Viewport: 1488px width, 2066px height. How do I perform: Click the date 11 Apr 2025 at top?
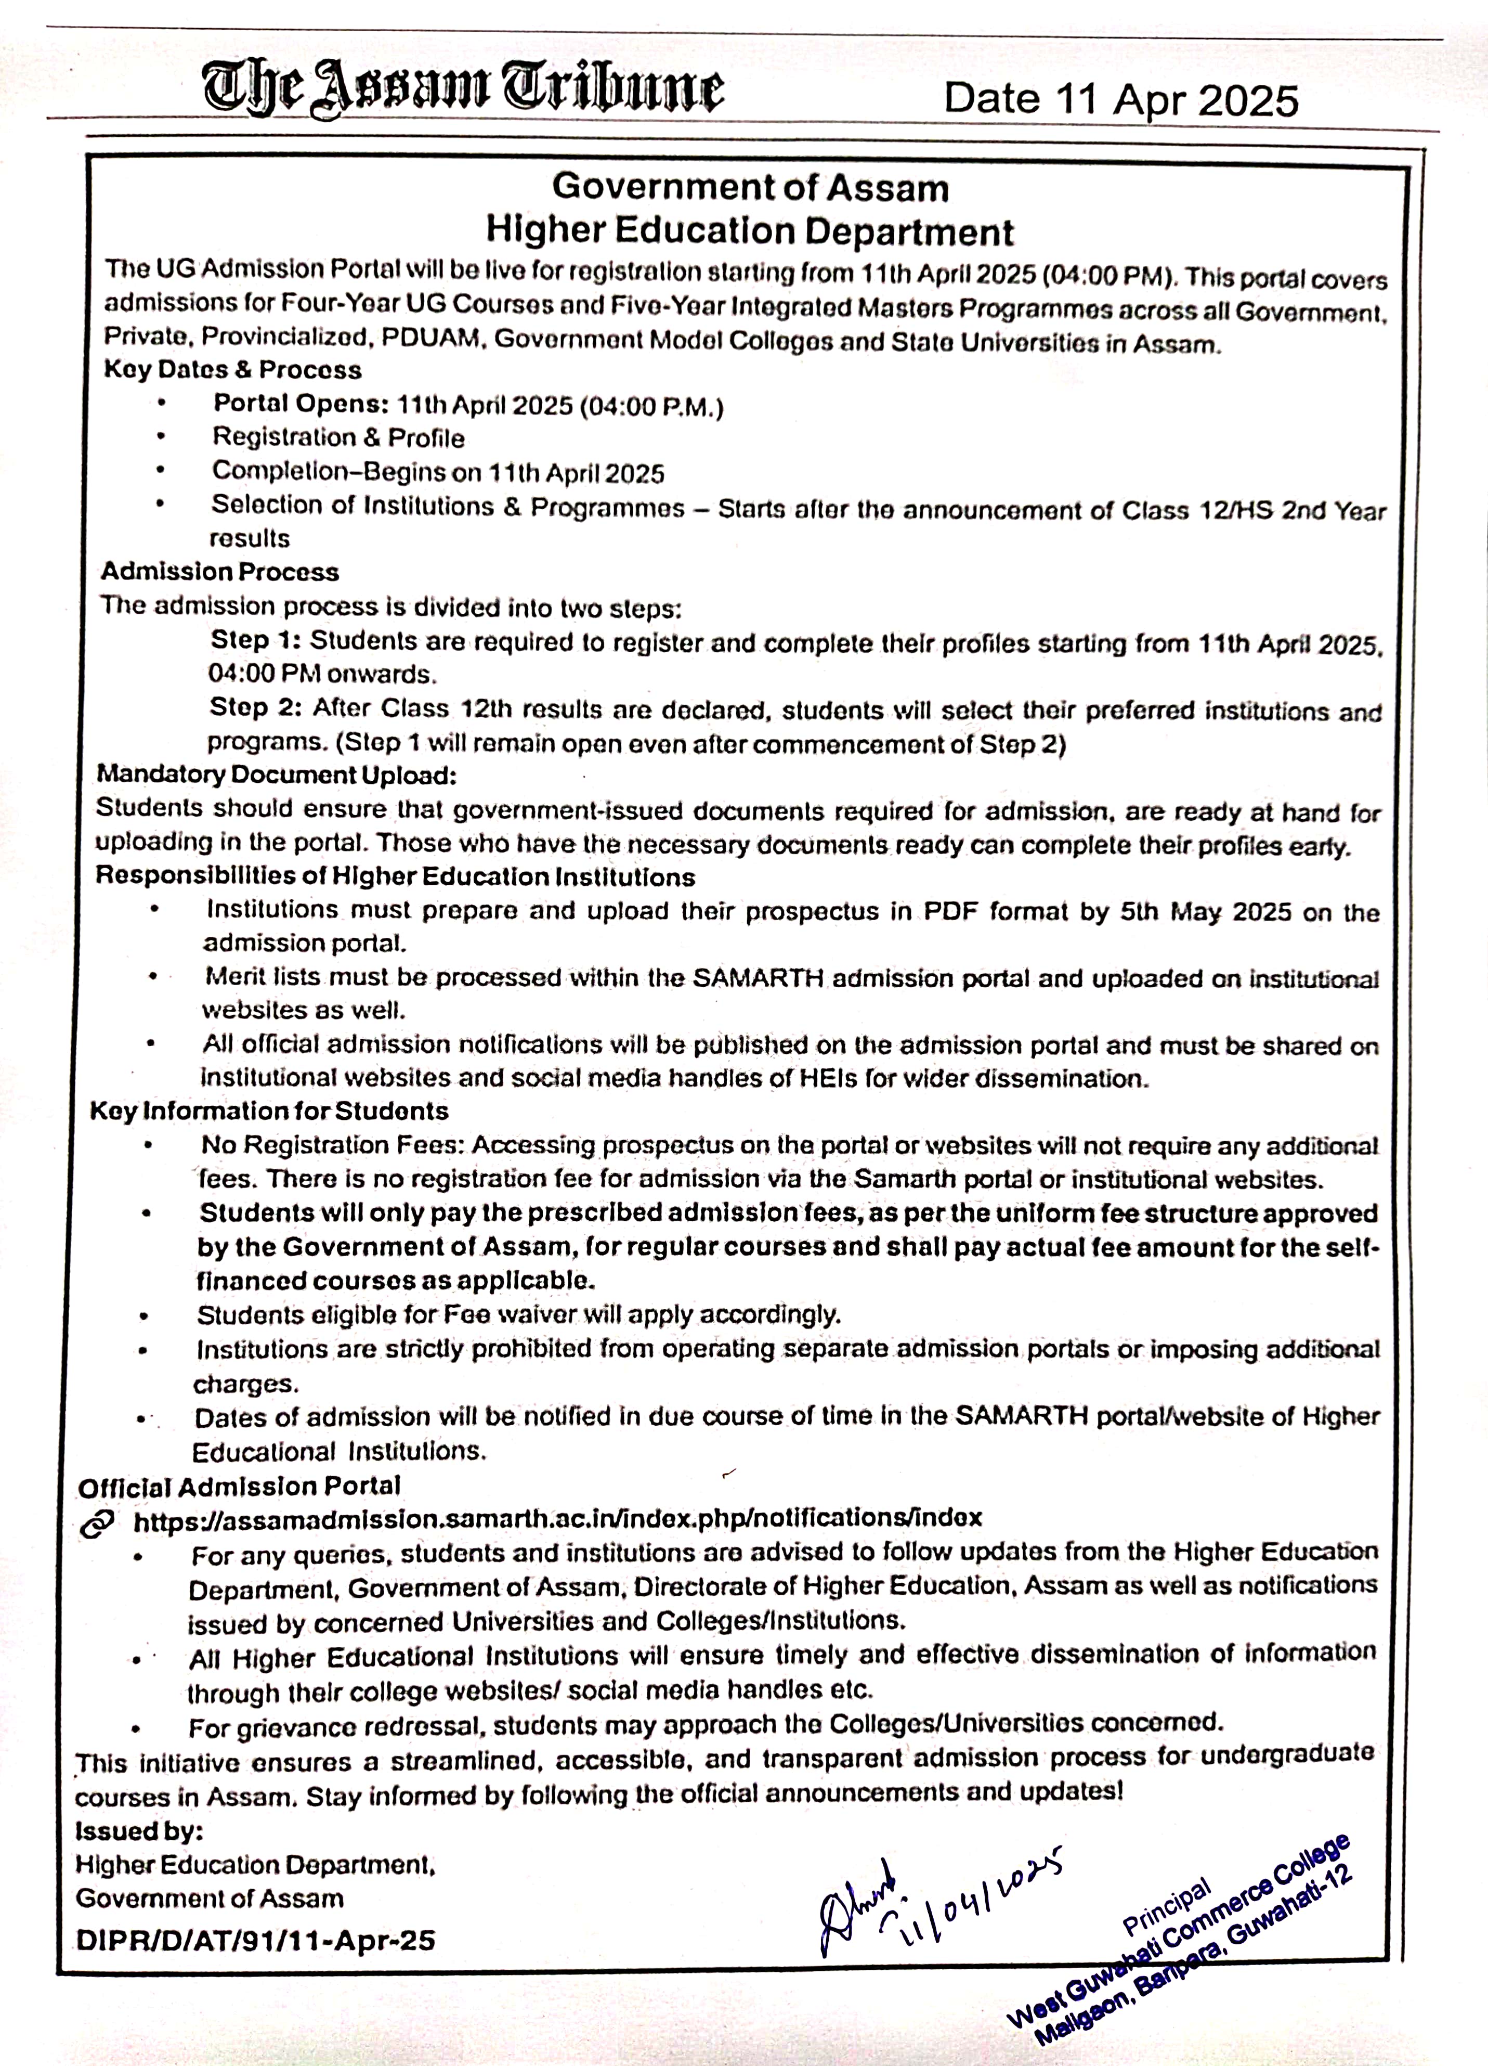pyautogui.click(x=1120, y=99)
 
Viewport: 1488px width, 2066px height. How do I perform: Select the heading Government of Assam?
pyautogui.click(x=750, y=188)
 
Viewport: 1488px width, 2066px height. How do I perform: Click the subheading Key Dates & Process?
pyautogui.click(x=232, y=370)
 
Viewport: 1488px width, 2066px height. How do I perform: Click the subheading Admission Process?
pyautogui.click(x=219, y=572)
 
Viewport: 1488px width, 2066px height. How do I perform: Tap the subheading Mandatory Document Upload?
pyautogui.click(x=276, y=775)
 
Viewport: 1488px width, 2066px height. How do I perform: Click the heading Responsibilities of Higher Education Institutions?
pyautogui.click(x=395, y=876)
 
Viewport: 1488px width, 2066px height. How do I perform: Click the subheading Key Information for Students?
pyautogui.click(x=269, y=1112)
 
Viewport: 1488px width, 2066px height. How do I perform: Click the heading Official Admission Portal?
pyautogui.click(x=239, y=1487)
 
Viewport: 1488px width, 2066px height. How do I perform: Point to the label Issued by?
pyautogui.click(x=138, y=1831)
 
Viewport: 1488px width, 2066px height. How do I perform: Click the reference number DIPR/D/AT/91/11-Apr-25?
pyautogui.click(x=256, y=1940)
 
